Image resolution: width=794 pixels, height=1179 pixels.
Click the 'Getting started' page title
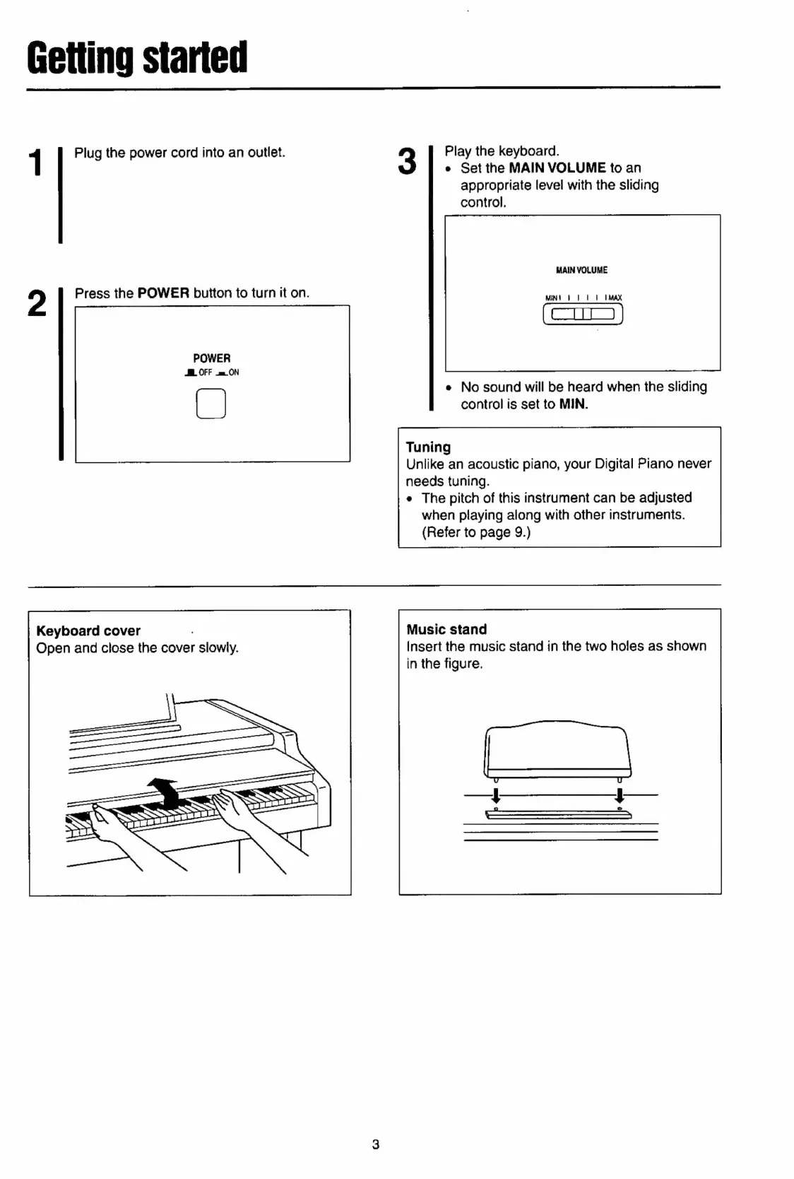coord(137,58)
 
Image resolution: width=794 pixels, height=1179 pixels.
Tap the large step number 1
coord(35,163)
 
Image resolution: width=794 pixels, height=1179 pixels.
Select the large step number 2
coord(37,303)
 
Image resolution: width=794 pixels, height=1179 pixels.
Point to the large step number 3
coord(408,161)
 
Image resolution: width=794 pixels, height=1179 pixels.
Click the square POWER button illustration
coord(211,404)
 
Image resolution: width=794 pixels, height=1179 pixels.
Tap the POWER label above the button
coord(212,358)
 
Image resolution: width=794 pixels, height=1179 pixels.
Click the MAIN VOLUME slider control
coord(583,313)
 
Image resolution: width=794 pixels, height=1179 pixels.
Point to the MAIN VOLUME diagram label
coord(581,270)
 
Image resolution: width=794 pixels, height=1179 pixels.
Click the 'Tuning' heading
coord(428,447)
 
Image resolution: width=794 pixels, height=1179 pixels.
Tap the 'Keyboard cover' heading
coord(88,630)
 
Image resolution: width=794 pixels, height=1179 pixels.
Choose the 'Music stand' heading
coord(446,629)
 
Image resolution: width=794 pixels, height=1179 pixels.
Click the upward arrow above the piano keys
coord(163,790)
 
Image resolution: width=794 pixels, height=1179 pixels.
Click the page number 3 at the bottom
coord(376,1144)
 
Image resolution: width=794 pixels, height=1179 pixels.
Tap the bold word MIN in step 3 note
coord(573,404)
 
